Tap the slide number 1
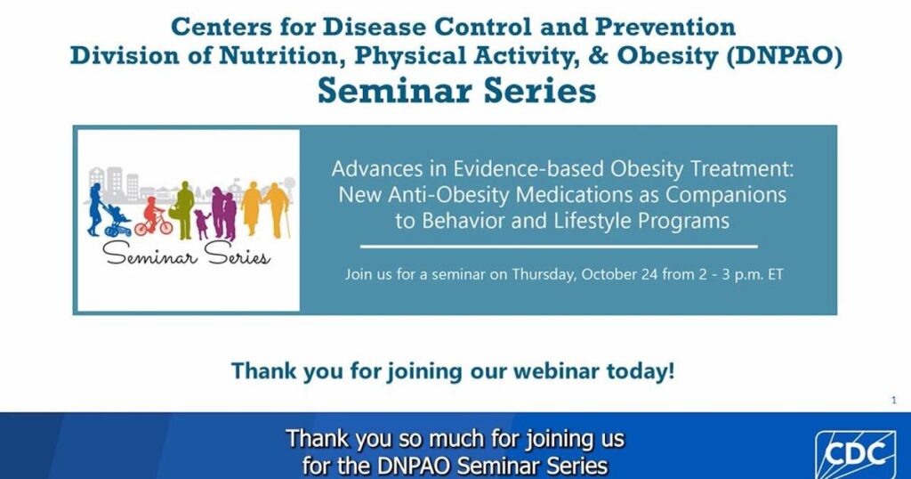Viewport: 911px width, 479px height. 893,400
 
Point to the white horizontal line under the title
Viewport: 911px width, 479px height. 559,247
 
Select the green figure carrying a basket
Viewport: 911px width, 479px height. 183,210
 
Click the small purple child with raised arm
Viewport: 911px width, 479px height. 202,223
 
